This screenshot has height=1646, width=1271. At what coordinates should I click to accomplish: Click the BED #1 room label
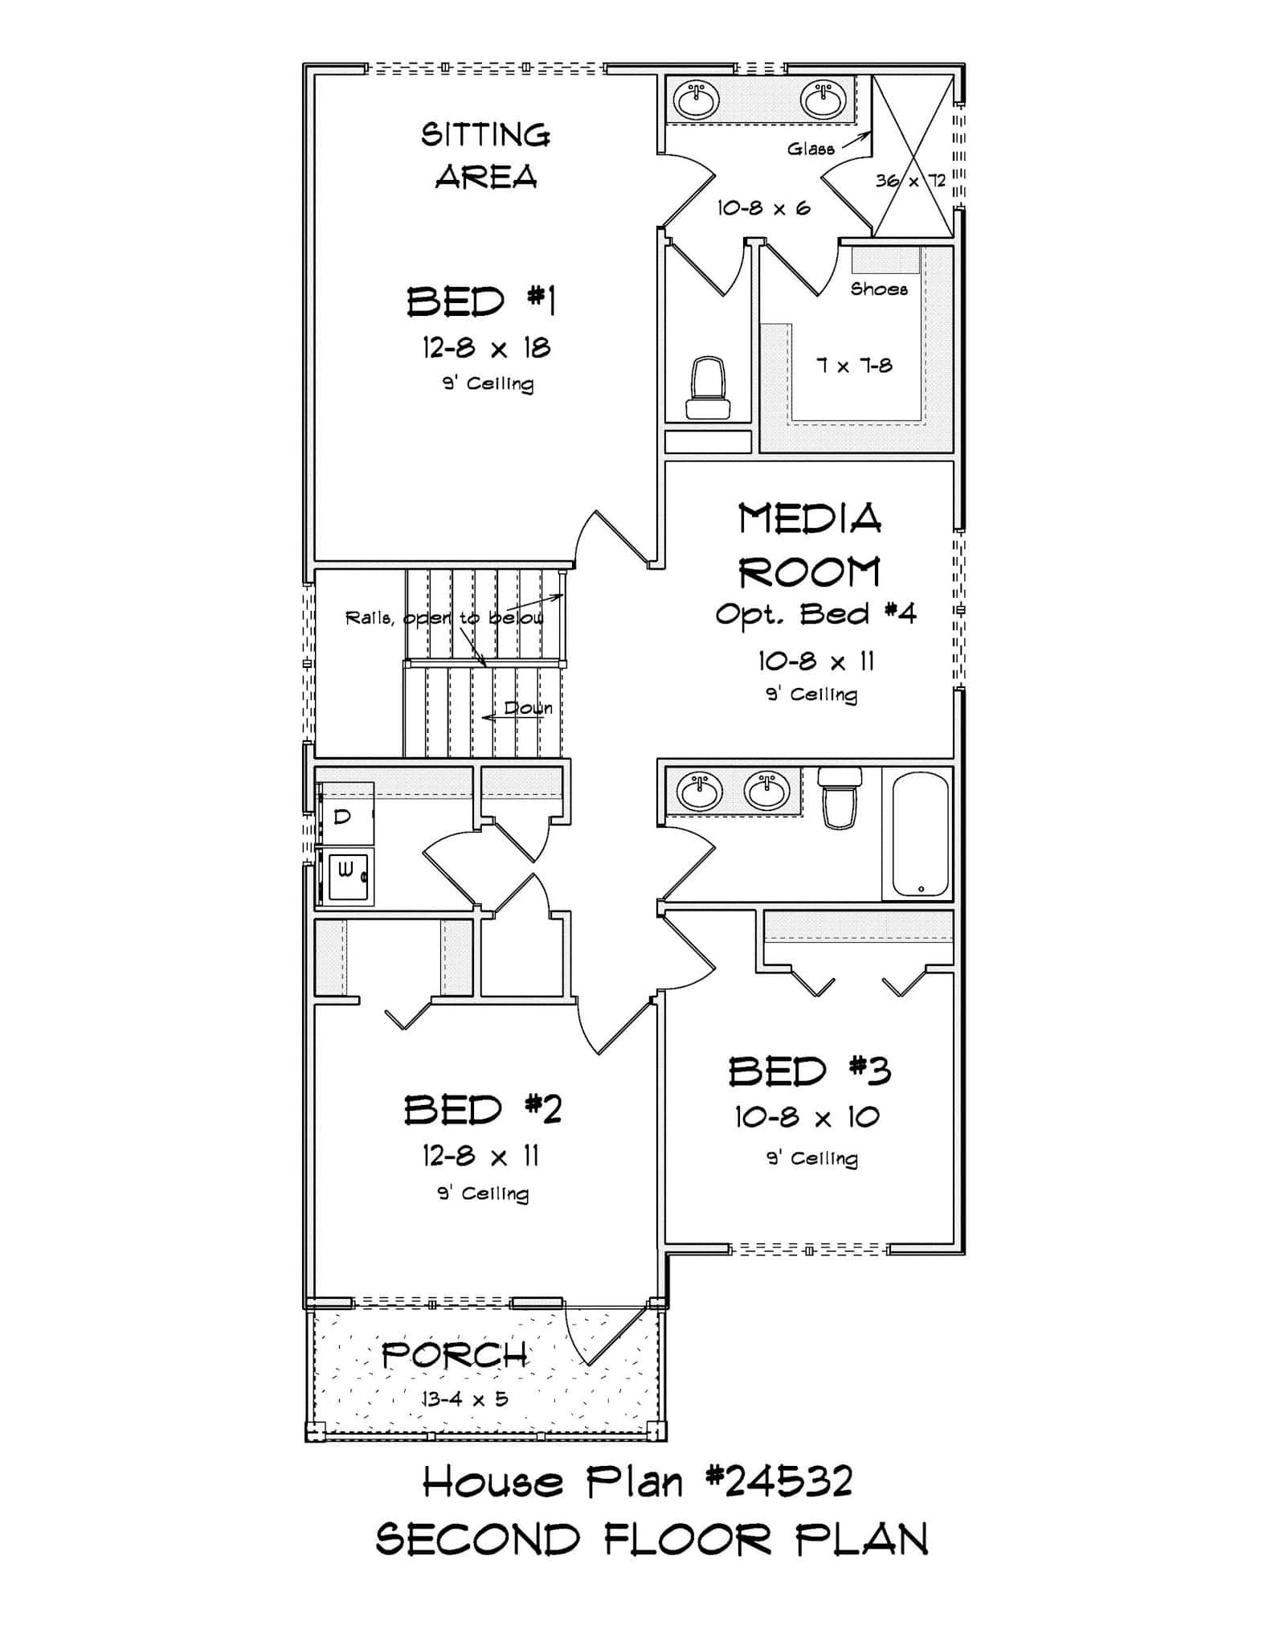[x=480, y=302]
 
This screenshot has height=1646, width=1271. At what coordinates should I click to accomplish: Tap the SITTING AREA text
[x=485, y=155]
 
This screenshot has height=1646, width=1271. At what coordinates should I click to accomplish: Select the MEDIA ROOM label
[x=810, y=545]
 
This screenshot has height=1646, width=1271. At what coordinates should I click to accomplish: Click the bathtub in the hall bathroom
[x=917, y=833]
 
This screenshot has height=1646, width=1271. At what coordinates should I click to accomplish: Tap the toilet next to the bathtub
[x=840, y=797]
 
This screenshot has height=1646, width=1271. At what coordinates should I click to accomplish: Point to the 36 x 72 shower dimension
[x=910, y=181]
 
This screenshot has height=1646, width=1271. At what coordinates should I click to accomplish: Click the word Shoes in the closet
[x=879, y=289]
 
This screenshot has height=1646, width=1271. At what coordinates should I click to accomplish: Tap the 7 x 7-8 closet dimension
[x=854, y=366]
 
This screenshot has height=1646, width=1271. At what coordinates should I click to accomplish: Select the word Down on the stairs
[x=528, y=708]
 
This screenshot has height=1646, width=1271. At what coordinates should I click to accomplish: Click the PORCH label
[x=455, y=1356]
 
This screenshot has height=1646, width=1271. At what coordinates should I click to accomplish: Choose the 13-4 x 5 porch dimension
[x=465, y=1398]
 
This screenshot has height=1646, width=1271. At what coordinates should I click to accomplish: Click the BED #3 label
[x=809, y=1071]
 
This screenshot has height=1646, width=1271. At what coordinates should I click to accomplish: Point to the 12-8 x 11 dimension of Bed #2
[x=480, y=1156]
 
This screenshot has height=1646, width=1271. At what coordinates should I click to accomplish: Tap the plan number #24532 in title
[x=779, y=1481]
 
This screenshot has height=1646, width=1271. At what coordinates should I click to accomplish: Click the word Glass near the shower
[x=810, y=149]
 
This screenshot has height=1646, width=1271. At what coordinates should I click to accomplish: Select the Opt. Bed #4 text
[x=815, y=615]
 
